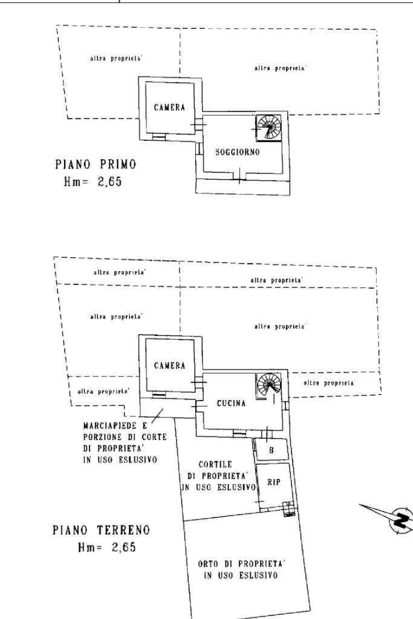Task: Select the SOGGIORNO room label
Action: point(238,152)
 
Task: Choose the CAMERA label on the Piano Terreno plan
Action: point(169,365)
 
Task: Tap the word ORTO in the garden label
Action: point(209,563)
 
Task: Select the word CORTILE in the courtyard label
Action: point(220,463)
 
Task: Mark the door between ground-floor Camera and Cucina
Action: point(197,385)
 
